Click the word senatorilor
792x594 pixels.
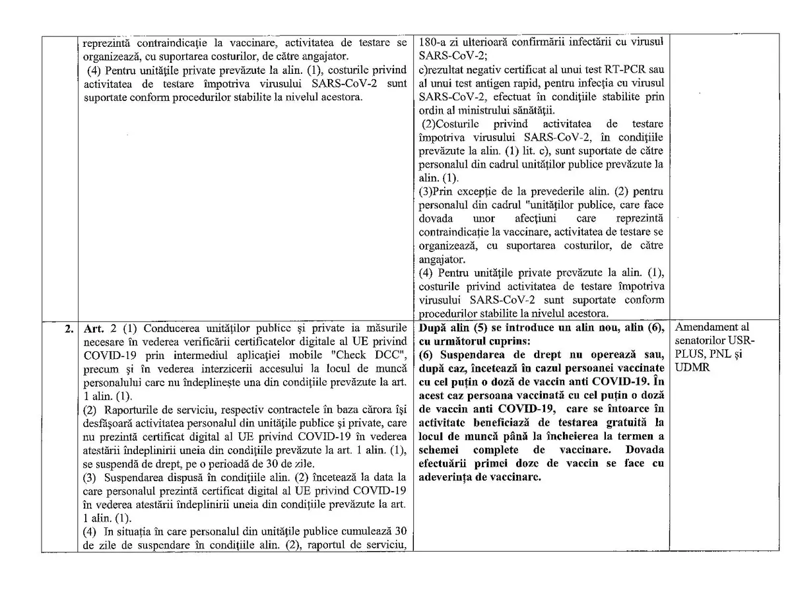coord(706,341)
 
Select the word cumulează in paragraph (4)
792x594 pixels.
coord(356,531)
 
